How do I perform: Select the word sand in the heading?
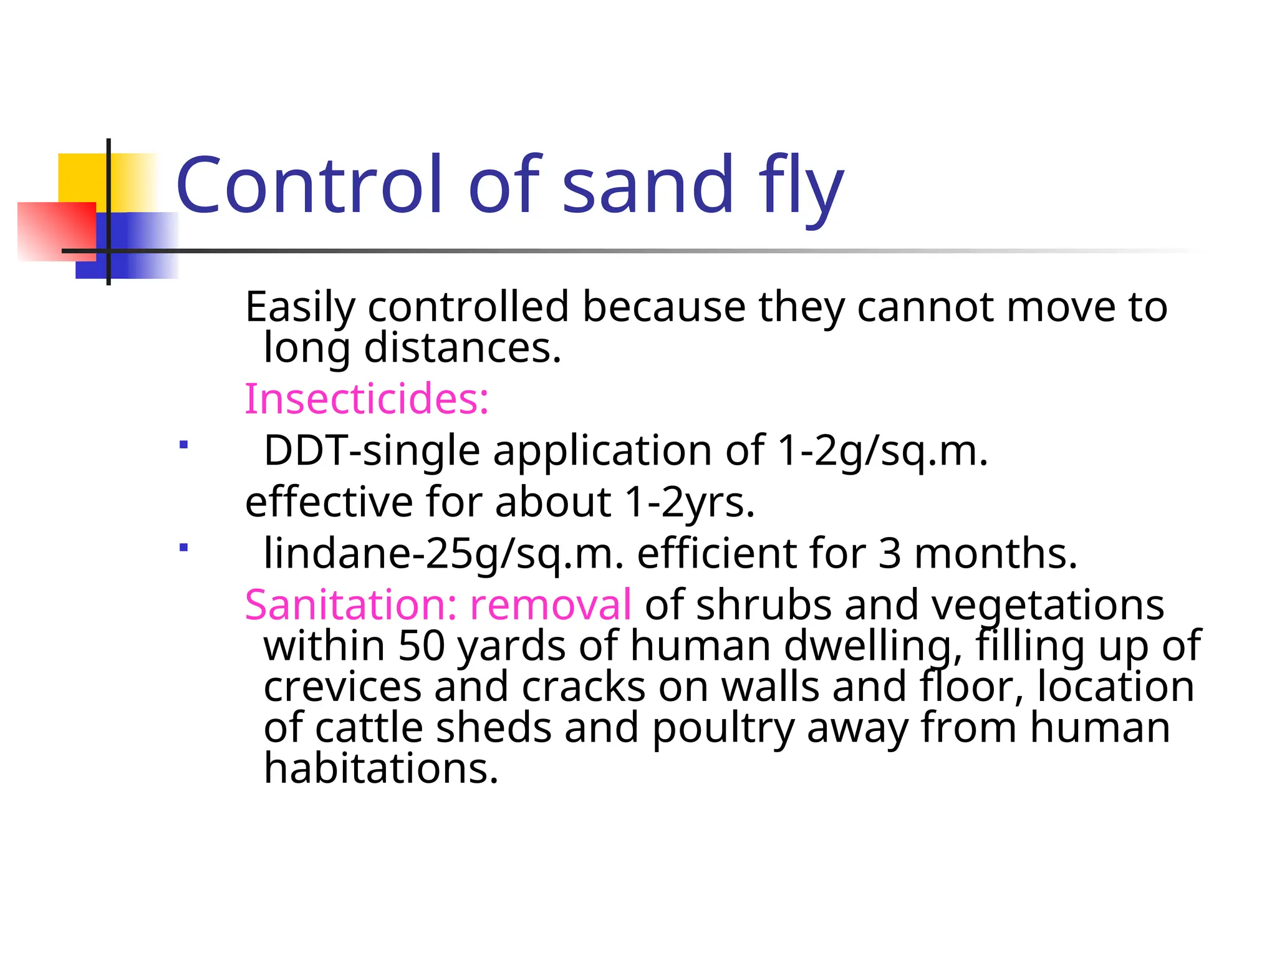point(648,186)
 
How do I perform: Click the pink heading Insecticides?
point(367,399)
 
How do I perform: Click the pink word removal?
point(551,604)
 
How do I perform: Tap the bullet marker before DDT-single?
point(183,445)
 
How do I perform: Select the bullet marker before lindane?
point(183,548)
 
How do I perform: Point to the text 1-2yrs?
point(690,502)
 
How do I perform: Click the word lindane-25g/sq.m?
point(443,553)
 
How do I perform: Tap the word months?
point(995,553)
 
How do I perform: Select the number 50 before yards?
point(422,646)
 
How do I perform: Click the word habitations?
point(381,768)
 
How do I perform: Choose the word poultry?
point(723,728)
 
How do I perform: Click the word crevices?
point(342,687)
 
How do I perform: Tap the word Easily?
point(300,307)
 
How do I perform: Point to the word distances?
point(462,347)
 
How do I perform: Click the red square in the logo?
point(56,231)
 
